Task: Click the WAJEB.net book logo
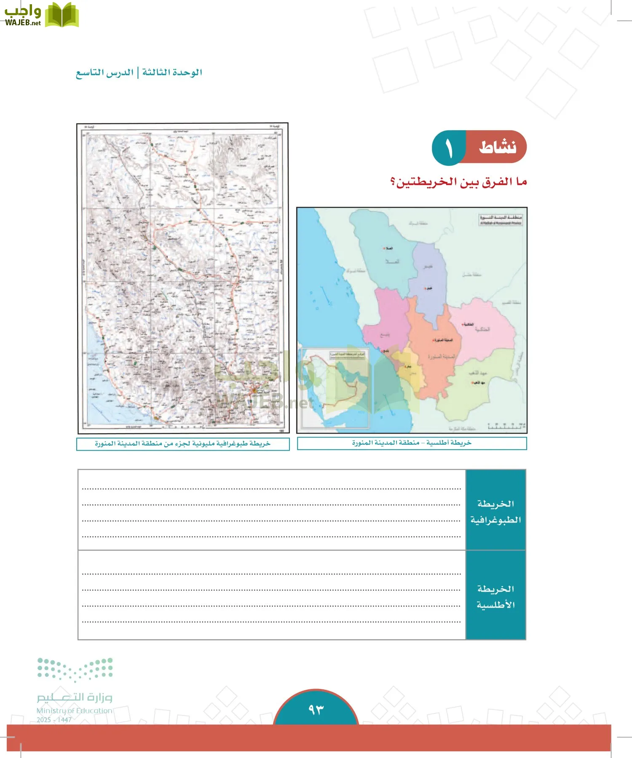coord(62,15)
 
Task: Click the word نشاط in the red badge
coord(497,147)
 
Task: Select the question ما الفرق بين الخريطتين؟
coord(459,182)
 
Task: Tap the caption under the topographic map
coord(183,444)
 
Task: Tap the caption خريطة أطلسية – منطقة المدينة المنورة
coord(412,443)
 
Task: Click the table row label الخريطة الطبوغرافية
coord(495,512)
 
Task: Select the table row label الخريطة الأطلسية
coord(495,597)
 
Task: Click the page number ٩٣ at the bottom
coord(316,710)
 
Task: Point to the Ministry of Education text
coord(74,710)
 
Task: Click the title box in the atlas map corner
coord(501,220)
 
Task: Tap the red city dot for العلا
coord(384,248)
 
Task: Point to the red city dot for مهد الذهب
coord(472,383)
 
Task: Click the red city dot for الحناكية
coord(463,324)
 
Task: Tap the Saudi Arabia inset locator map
coord(335,387)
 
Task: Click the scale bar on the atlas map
coord(506,427)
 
